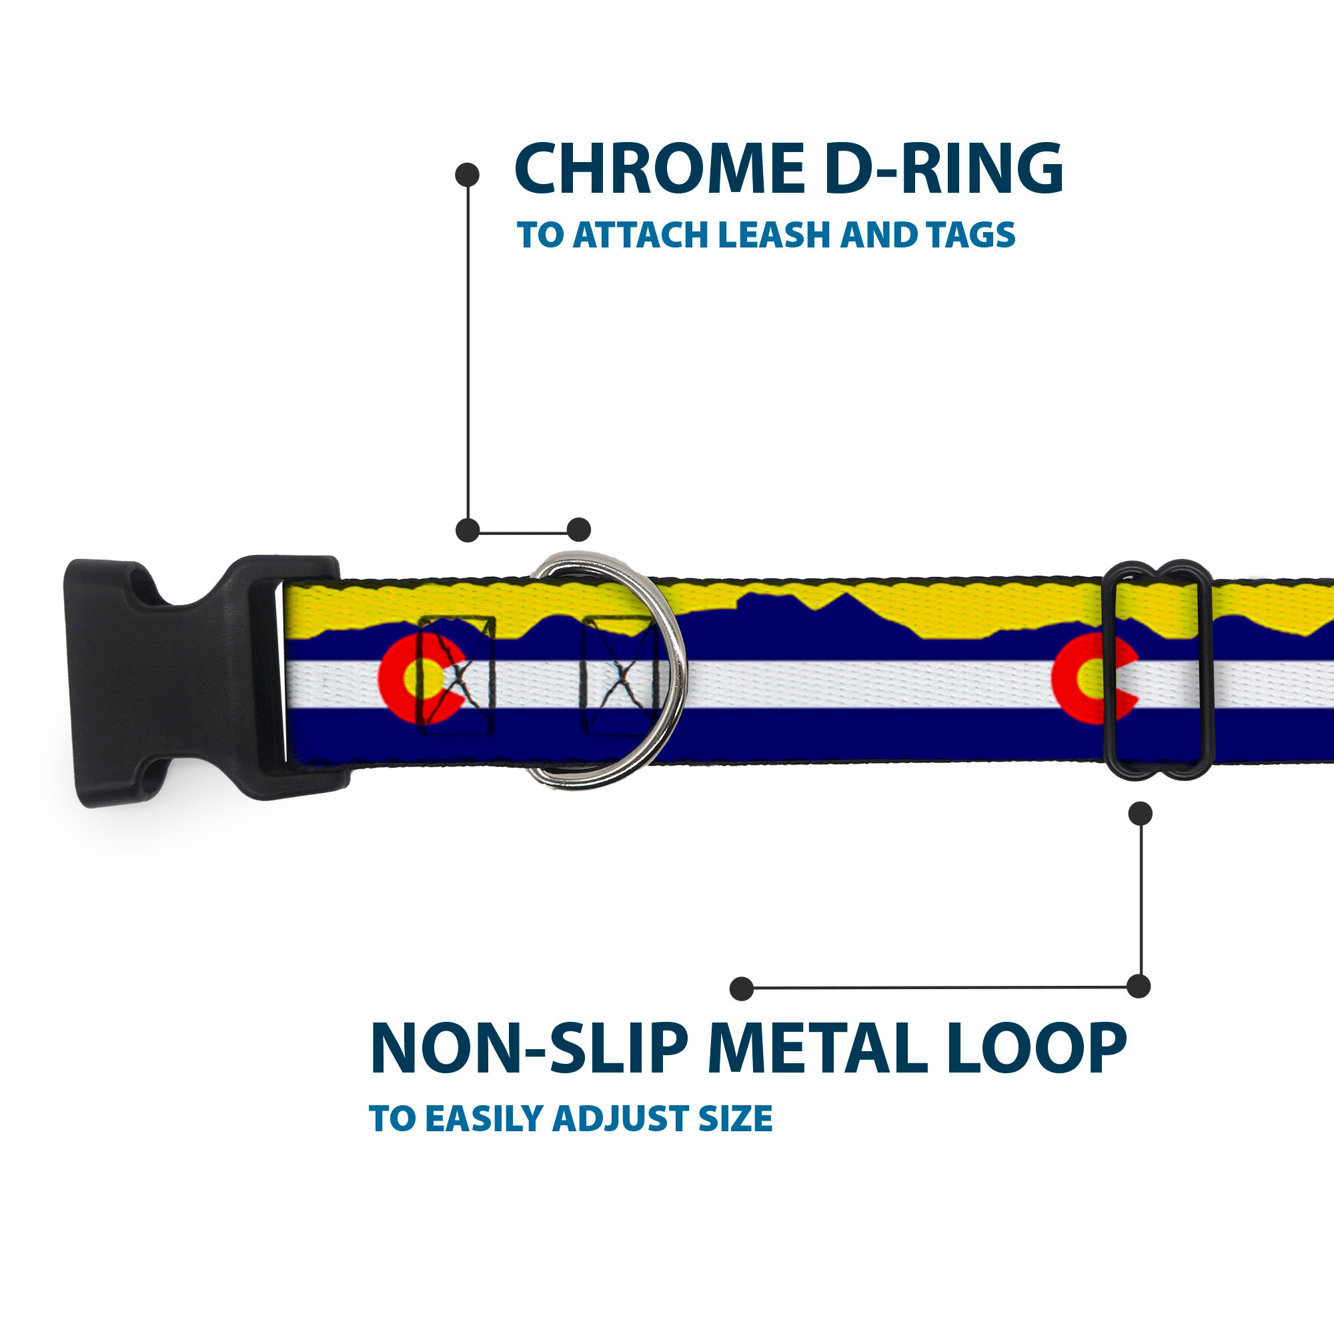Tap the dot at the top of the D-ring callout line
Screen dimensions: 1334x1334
[x=468, y=175]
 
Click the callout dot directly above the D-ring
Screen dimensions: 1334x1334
[x=578, y=530]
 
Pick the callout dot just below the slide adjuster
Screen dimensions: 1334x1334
[x=1140, y=813]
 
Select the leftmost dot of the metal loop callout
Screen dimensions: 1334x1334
[x=742, y=988]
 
